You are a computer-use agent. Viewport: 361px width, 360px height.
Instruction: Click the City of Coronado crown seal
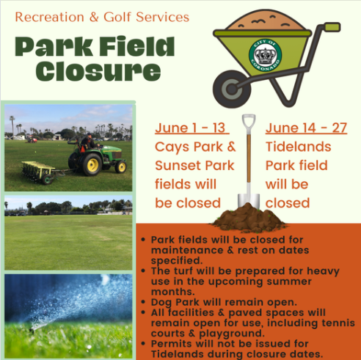(265, 55)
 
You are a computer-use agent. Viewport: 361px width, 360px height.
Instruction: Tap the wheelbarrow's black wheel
(231, 89)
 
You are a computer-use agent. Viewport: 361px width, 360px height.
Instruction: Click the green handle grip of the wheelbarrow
(332, 27)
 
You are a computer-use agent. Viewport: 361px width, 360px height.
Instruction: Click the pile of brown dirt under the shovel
(249, 218)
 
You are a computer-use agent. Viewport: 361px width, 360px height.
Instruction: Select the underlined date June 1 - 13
(192, 128)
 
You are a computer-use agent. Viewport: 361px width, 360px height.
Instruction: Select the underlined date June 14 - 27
(306, 128)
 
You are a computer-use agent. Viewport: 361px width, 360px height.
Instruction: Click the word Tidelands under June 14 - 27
(298, 147)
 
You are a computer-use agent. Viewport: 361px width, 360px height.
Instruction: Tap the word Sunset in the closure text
(178, 166)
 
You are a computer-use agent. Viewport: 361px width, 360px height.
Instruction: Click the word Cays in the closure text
(172, 147)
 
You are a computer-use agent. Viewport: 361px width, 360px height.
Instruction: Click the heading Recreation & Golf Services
(102, 17)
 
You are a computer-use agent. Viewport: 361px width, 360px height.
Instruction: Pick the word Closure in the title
(98, 71)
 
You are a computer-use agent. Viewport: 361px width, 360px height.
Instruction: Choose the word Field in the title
(137, 46)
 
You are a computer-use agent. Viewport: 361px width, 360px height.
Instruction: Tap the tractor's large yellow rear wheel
(92, 165)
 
